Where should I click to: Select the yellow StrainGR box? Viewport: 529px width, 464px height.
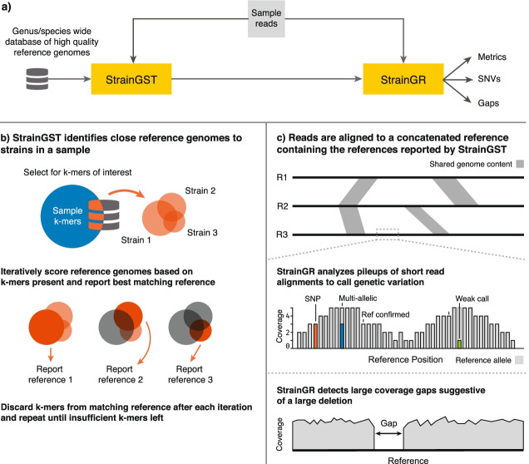tap(405, 81)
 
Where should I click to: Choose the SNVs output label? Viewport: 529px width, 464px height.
tap(490, 81)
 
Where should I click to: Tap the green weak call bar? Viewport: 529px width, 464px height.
tap(459, 343)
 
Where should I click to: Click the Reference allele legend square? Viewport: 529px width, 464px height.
tap(519, 360)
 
